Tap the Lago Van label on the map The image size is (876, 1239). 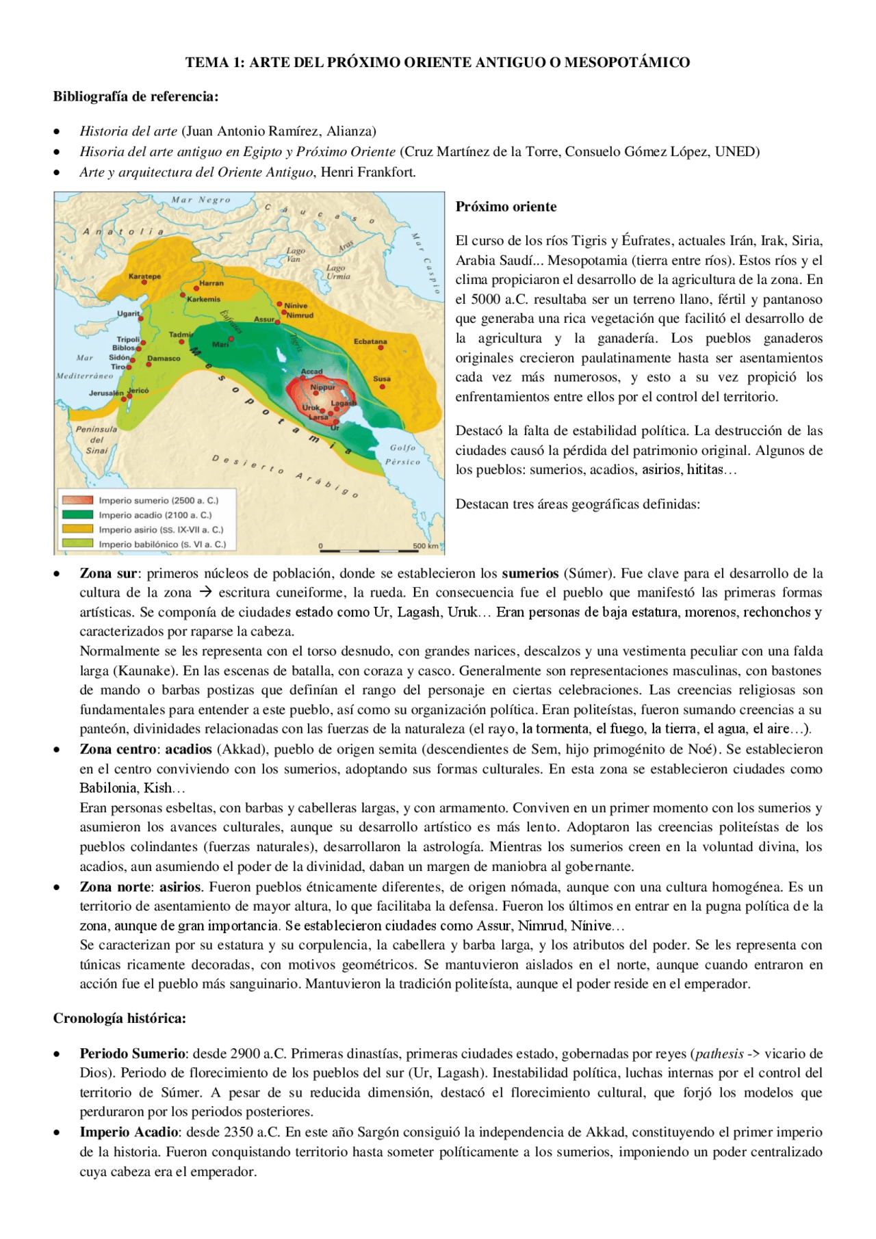[295, 255]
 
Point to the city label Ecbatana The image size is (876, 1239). [370, 341]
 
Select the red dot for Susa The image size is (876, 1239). [383, 387]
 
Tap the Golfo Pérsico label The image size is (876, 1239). [402, 454]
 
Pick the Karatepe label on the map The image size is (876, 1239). [144, 276]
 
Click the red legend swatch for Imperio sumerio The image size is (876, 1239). [77, 501]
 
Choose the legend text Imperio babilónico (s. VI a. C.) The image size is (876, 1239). [162, 545]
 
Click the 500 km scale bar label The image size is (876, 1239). [425, 546]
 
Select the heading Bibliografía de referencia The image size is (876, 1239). [136, 96]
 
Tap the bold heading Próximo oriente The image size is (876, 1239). [506, 207]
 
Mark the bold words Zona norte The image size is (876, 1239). [116, 887]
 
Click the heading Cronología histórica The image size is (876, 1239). [120, 1018]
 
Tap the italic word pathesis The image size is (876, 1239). [719, 1054]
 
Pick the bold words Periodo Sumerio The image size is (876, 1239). [132, 1054]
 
